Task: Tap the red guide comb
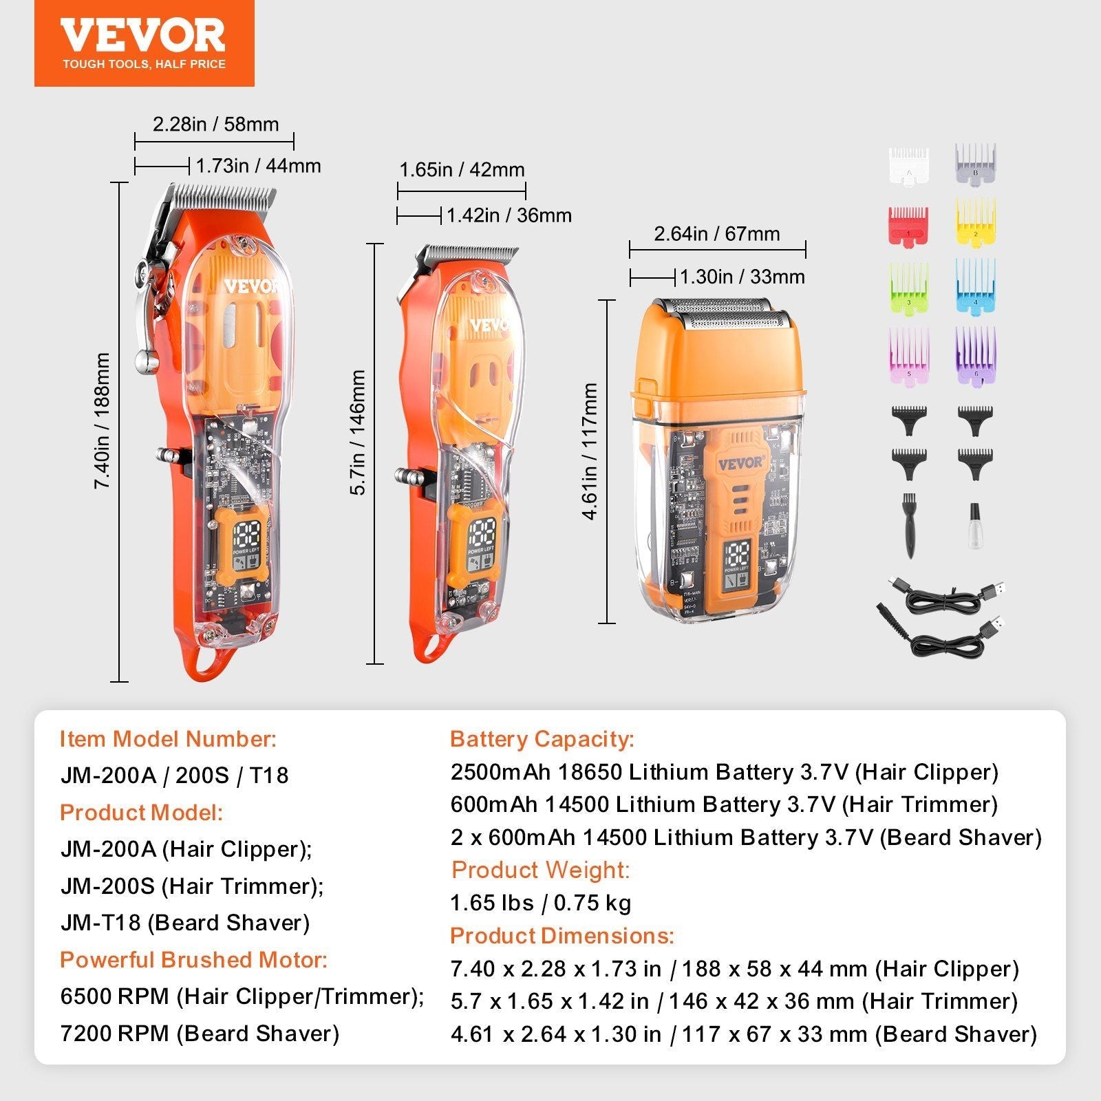coord(908,226)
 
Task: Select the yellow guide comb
coord(975,222)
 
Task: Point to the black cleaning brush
coord(908,525)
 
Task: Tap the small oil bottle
coord(974,526)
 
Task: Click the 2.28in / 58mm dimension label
coord(215,125)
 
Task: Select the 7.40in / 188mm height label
coord(103,421)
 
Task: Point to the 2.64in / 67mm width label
coord(716,234)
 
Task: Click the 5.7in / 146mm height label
coord(358,432)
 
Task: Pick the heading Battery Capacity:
coord(542,739)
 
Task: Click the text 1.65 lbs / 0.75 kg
coord(540,903)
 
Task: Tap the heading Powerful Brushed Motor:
coord(193,959)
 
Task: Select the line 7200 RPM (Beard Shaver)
coord(200,1033)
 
